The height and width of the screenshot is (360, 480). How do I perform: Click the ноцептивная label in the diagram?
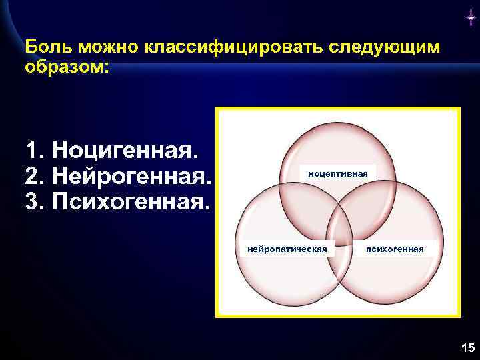pos(337,173)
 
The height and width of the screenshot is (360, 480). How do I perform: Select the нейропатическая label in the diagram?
pos(287,249)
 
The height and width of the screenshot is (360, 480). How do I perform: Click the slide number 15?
pos(467,347)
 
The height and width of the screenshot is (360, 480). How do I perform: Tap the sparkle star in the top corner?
pos(471,19)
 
